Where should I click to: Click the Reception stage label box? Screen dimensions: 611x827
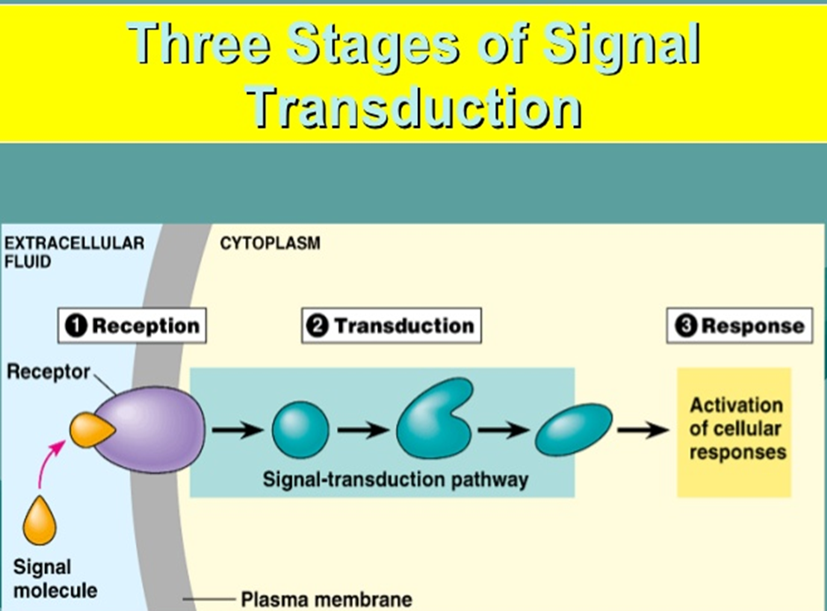133,325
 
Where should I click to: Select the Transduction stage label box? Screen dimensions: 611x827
391,325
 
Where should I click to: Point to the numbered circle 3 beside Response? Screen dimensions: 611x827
686,326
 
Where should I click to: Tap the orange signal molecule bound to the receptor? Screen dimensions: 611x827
90,429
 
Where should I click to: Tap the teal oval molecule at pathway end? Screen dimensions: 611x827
574,430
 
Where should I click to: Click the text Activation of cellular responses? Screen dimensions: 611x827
736,429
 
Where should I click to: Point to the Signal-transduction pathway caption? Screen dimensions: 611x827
395,480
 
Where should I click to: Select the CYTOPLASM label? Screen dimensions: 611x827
269,243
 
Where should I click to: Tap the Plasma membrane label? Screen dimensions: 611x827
325,600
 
